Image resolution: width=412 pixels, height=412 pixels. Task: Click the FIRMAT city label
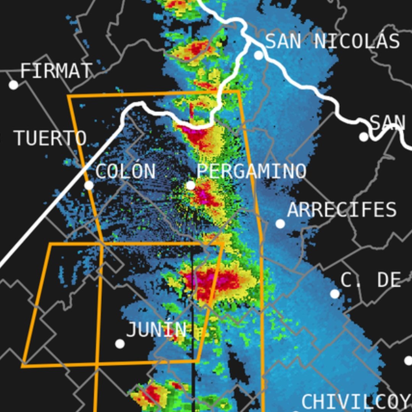(56, 71)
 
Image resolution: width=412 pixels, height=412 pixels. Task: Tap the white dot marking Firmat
(13, 85)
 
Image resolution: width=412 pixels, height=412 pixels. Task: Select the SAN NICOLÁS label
(332, 41)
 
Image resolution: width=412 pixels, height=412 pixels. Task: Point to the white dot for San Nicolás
(259, 55)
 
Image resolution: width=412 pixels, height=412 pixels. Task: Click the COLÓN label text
(125, 171)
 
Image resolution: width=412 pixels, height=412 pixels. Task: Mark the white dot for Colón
(89, 185)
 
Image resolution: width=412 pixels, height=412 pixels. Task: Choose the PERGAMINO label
(251, 171)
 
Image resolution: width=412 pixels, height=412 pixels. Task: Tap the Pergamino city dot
(191, 186)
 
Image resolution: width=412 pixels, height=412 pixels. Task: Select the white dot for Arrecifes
(280, 224)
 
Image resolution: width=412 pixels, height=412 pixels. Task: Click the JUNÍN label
(156, 330)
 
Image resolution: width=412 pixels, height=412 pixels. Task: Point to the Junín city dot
(120, 344)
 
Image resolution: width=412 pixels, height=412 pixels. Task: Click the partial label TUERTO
(50, 138)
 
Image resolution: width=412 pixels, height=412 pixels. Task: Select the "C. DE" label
(370, 280)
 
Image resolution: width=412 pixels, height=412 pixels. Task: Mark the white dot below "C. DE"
(334, 294)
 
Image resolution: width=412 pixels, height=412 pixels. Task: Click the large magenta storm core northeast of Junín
(208, 282)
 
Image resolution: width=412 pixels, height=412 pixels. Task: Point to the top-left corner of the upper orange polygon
(68, 96)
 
